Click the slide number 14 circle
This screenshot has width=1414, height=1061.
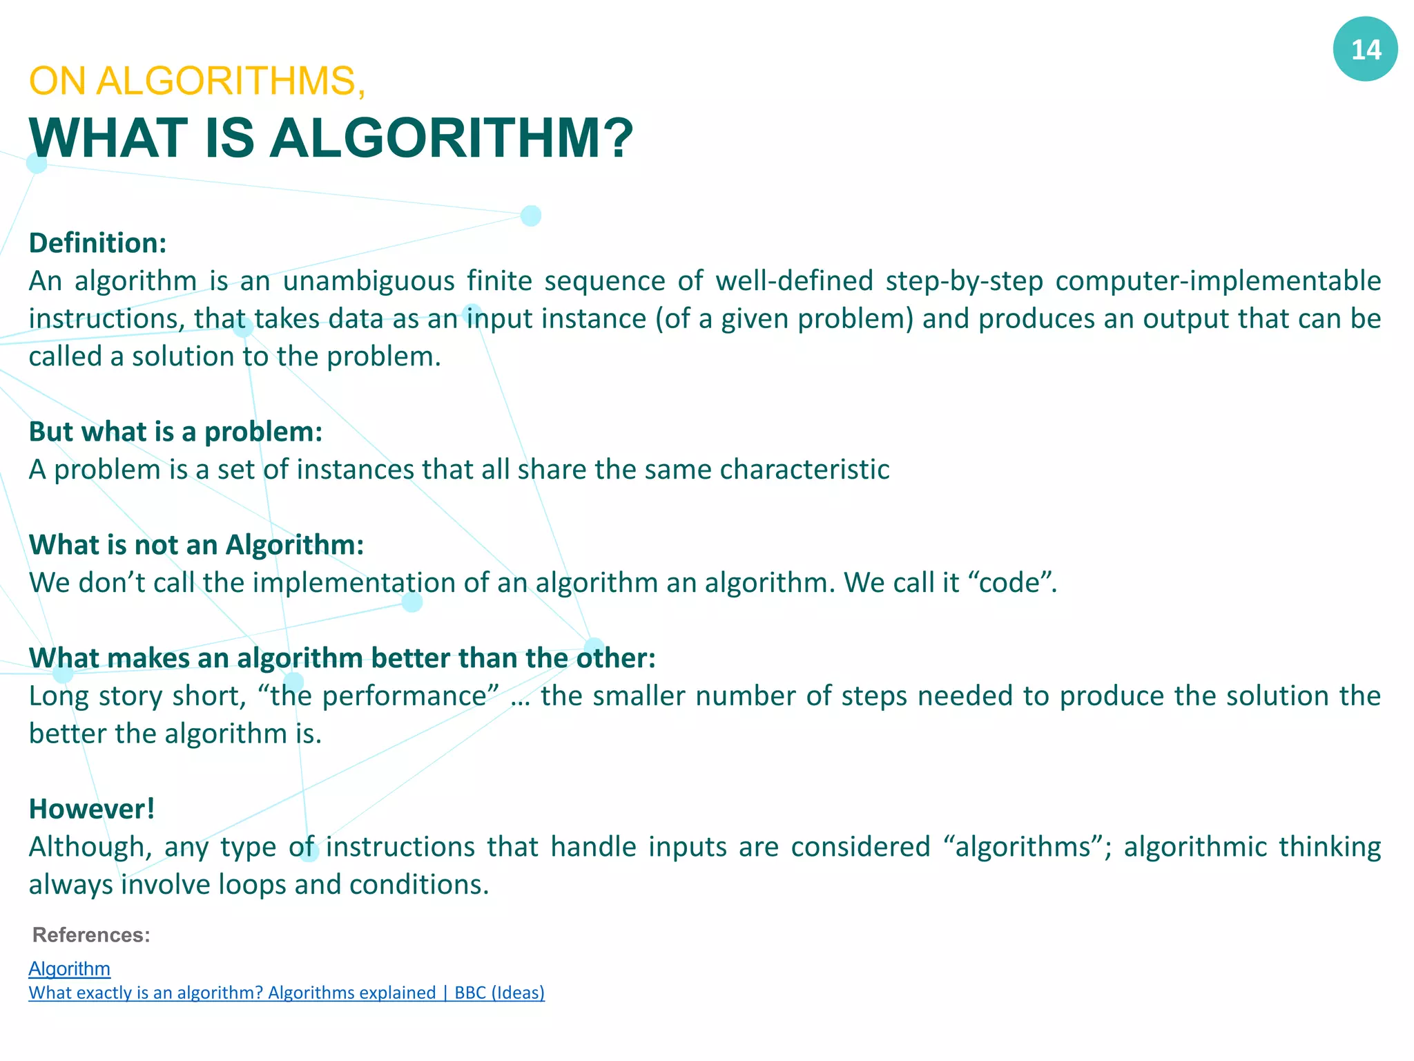click(x=1365, y=49)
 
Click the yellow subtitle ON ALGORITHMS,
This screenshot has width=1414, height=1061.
click(x=197, y=81)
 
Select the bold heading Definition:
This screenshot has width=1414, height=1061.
click(x=97, y=243)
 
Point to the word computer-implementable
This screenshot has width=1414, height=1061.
click(x=1218, y=281)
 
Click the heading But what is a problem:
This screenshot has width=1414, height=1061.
click(x=175, y=432)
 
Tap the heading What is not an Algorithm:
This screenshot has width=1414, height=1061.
click(x=196, y=545)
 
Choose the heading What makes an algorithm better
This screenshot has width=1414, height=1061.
click(x=342, y=658)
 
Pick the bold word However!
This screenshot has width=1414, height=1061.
click(x=92, y=809)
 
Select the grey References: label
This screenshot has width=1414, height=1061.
click(x=91, y=935)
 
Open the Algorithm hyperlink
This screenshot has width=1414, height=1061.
click(x=69, y=969)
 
